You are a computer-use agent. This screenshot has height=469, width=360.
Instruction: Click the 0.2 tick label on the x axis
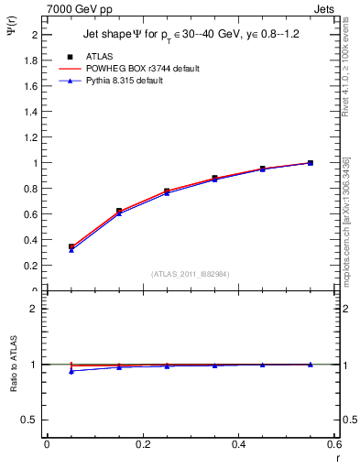(x=142, y=444)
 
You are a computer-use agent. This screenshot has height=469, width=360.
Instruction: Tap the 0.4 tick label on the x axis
(x=238, y=444)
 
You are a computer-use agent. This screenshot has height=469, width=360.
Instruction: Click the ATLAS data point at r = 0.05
(x=71, y=246)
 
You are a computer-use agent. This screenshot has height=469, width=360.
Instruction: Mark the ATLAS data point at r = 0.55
(x=311, y=163)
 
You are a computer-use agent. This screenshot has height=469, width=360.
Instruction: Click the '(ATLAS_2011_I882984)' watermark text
(x=191, y=274)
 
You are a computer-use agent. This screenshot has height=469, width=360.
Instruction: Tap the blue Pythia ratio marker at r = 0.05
(x=71, y=371)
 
